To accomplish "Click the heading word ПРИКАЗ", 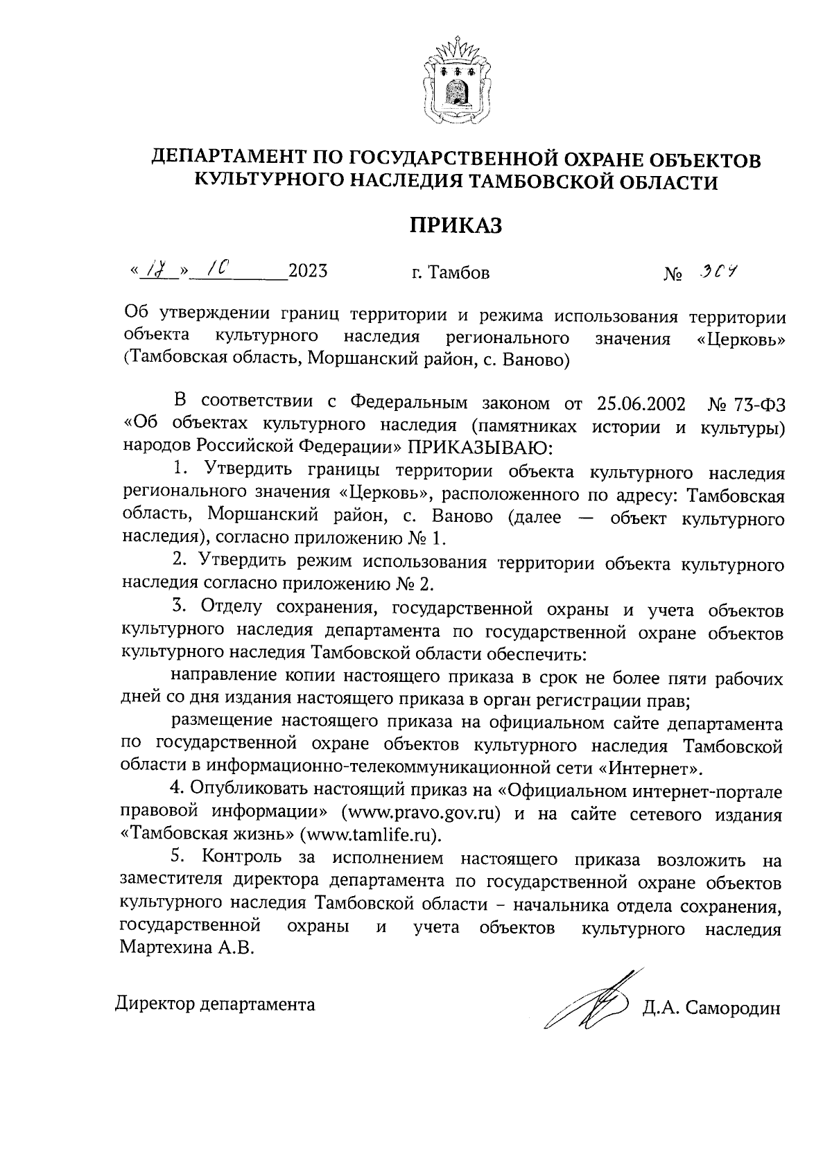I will (x=454, y=226).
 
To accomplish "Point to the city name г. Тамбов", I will (x=449, y=273).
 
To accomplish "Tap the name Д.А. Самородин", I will (x=711, y=1008).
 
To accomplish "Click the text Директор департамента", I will (x=215, y=1004).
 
